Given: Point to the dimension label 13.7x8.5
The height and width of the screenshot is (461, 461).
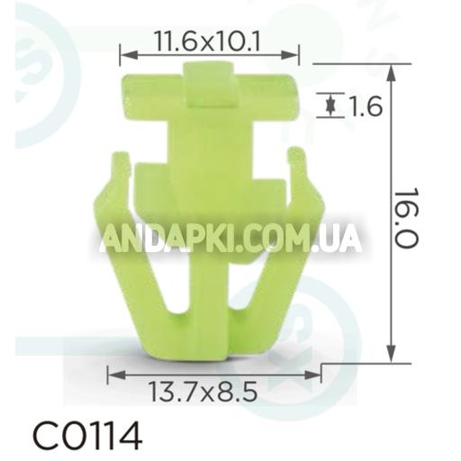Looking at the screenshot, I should coord(212,392).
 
